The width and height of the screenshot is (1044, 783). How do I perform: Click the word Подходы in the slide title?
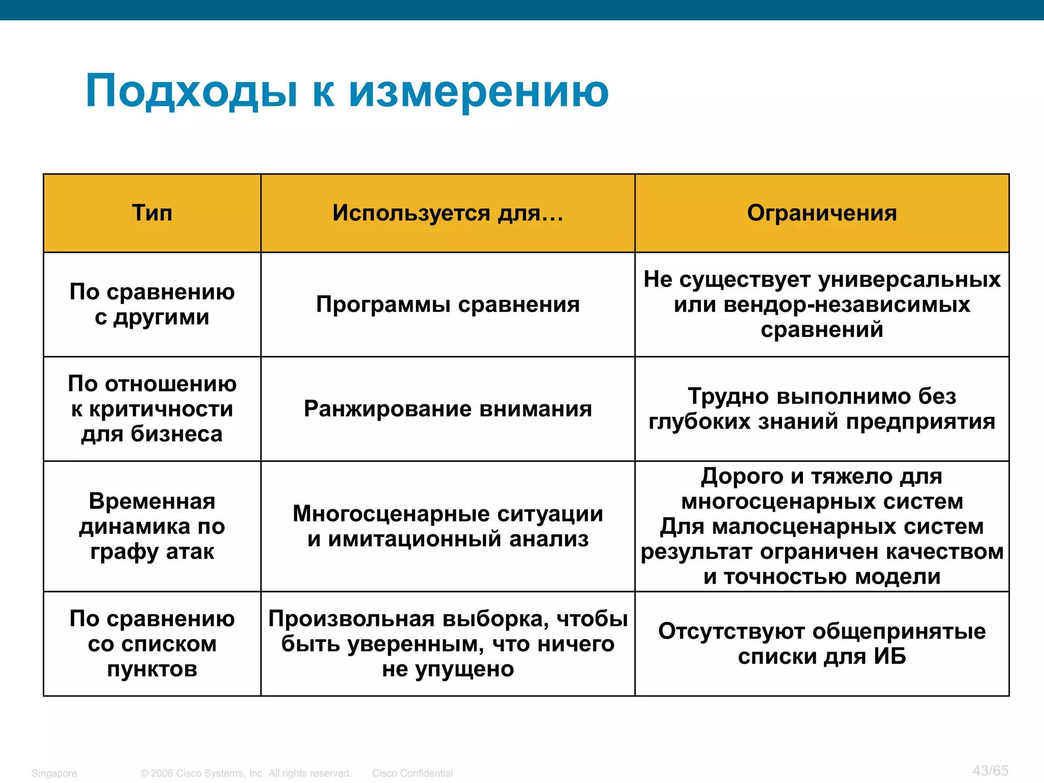point(191,92)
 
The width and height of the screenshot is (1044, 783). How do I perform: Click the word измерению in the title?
point(479,92)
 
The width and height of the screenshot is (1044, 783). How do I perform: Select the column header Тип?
point(152,213)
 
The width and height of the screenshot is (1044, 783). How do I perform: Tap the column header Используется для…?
point(448,213)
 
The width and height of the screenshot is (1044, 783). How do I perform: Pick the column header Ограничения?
point(822,213)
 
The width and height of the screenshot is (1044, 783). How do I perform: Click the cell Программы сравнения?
point(448,304)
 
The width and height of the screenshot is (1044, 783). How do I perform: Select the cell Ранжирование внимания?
point(448,409)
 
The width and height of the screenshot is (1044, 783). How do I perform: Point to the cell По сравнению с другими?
point(152,304)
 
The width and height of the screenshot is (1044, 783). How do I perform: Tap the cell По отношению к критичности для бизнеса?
point(152,409)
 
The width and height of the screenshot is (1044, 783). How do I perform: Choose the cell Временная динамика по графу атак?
point(152,526)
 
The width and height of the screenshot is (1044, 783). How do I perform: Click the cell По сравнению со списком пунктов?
point(152,644)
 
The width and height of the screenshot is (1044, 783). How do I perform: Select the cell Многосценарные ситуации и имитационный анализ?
point(448,526)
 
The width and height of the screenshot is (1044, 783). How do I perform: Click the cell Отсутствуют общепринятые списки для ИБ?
point(822,644)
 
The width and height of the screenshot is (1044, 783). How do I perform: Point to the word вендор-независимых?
point(847,305)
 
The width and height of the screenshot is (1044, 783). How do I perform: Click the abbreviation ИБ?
point(890,657)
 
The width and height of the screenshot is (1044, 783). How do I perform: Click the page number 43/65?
point(990,770)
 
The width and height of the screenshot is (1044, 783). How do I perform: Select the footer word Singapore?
point(54,773)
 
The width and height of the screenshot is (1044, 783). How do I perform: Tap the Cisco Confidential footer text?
point(412,773)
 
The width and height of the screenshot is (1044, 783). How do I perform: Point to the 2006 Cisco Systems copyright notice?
point(246,773)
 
